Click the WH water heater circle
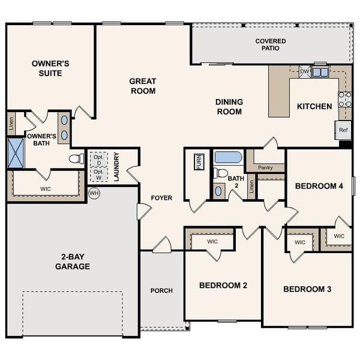94,193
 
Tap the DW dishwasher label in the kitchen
304,72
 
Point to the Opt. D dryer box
97,159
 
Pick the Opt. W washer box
97,174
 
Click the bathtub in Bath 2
227,158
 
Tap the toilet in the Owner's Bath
77,159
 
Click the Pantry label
265,168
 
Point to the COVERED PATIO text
271,45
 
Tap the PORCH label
161,290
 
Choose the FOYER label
161,197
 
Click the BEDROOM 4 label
319,186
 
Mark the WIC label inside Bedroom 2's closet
212,242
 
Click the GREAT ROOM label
143,86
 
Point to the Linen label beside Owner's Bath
11,124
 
